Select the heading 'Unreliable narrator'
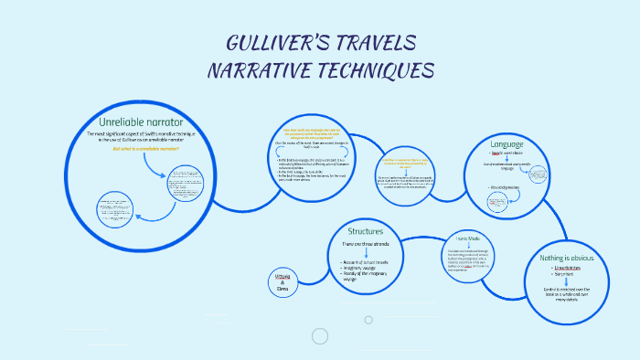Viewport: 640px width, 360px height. pyautogui.click(x=141, y=122)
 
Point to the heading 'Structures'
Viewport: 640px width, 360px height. pyautogui.click(x=365, y=231)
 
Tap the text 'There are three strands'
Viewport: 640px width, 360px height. pyautogui.click(x=365, y=244)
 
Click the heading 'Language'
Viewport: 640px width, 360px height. pyautogui.click(x=507, y=144)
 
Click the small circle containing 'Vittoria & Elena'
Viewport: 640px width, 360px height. pyautogui.click(x=282, y=281)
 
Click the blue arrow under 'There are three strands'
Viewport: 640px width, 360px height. pyautogui.click(x=366, y=253)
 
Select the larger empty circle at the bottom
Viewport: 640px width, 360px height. pyautogui.click(x=319, y=336)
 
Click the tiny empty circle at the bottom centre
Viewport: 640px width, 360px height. pyautogui.click(x=368, y=320)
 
